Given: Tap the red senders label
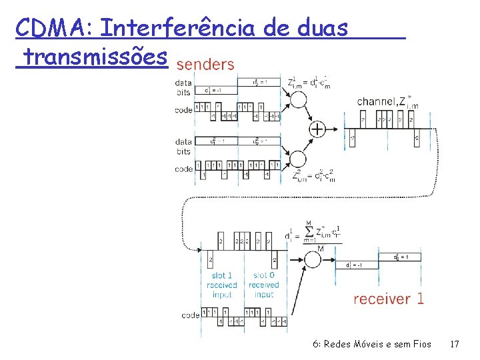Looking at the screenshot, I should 205,65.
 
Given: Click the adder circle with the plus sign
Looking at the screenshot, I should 317,129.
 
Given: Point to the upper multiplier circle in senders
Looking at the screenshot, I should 297,100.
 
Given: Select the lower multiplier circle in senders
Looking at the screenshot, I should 297,159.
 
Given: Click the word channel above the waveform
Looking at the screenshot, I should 377,101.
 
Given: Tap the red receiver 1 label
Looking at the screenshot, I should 388,299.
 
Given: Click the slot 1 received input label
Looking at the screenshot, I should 221,285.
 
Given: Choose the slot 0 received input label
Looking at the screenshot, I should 264,285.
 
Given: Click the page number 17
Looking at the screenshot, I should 455,345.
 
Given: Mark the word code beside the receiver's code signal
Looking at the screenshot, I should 191,315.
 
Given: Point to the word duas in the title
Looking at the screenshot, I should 323,29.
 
